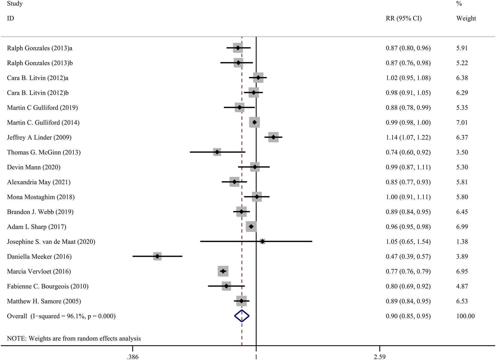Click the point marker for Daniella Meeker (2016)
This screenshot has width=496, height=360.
pos(157,256)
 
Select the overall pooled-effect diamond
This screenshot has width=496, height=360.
pos(242,316)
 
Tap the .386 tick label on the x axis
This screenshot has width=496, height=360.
pos(132,357)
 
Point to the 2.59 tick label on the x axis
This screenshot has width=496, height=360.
pos(379,357)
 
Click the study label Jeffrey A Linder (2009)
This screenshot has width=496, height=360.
pos(39,137)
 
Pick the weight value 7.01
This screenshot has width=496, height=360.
pos(462,122)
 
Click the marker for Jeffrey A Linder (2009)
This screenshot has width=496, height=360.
pos(273,137)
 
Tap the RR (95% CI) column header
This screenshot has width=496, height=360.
pos(404,18)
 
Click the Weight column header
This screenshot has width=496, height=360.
pos(466,18)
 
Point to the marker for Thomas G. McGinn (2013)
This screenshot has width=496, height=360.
pos(217,152)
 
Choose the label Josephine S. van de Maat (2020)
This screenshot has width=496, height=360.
pos(51,241)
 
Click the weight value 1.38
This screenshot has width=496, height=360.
pos(462,241)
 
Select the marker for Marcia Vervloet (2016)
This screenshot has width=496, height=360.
pos(223,271)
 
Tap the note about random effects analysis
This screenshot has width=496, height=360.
pos(74,338)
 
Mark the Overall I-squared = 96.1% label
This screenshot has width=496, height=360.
pos(61,316)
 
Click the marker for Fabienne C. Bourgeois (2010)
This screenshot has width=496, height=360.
pos(226,286)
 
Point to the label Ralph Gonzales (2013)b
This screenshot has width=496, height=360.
pos(40,63)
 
